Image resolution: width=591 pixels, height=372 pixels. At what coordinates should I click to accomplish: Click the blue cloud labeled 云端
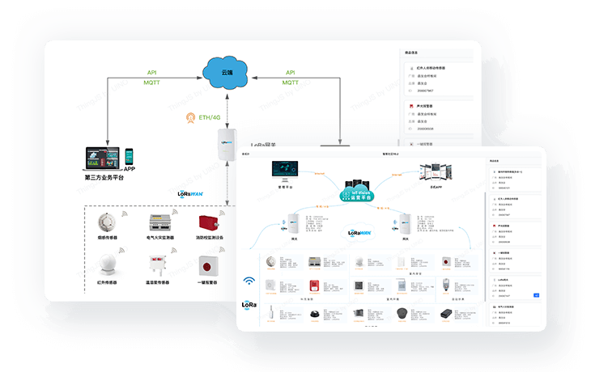click(x=227, y=72)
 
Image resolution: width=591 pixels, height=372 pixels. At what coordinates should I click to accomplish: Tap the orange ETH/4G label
click(x=203, y=118)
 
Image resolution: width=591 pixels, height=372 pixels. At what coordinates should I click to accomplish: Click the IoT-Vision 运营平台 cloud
click(x=359, y=193)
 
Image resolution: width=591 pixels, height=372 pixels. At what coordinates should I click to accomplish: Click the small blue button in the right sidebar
click(x=535, y=296)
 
